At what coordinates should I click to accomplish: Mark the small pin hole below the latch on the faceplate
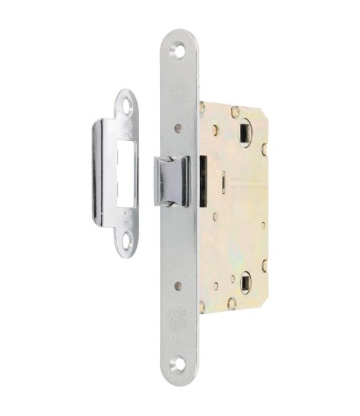(x=178, y=285)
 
